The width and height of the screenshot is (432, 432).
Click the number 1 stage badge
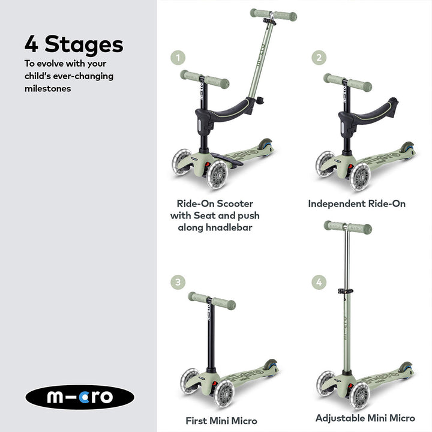pyautogui.click(x=178, y=58)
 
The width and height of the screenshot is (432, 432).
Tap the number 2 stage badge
pyautogui.click(x=319, y=58)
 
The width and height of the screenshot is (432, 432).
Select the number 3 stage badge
pyautogui.click(x=178, y=282)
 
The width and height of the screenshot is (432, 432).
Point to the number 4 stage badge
pyautogui.click(x=319, y=282)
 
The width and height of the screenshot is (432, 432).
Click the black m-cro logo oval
pyautogui.click(x=80, y=397)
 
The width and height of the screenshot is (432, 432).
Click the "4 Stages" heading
pyautogui.click(x=74, y=44)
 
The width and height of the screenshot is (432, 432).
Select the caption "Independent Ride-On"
pyautogui.click(x=356, y=204)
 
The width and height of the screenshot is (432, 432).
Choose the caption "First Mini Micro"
pyautogui.click(x=221, y=421)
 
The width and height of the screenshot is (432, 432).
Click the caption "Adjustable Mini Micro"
pyautogui.click(x=365, y=418)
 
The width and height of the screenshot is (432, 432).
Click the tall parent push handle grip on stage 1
pyautogui.click(x=273, y=14)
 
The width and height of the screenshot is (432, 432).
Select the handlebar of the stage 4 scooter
pyautogui.click(x=347, y=227)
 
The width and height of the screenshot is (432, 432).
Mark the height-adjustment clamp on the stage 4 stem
pyautogui.click(x=344, y=291)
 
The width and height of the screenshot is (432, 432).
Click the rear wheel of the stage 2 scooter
pyautogui.click(x=407, y=148)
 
